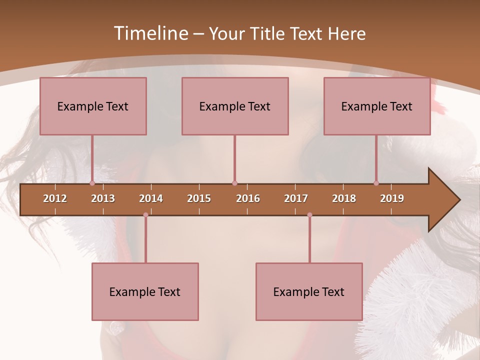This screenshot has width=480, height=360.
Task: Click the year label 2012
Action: click(55, 198)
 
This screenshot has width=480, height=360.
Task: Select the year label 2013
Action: click(103, 198)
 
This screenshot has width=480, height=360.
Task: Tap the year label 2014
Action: click(151, 198)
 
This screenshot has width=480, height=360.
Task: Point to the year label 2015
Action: click(199, 198)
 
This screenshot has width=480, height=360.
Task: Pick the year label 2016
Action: click(248, 198)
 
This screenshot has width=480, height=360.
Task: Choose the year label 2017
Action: click(296, 198)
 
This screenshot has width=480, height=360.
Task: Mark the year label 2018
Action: click(344, 198)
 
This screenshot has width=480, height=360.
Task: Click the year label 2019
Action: click(392, 198)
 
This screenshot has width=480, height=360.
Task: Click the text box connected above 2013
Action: click(93, 106)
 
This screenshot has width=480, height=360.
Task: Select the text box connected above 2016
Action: click(235, 106)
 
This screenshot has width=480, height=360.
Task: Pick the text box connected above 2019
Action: click(377, 106)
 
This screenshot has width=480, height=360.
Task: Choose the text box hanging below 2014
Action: click(145, 291)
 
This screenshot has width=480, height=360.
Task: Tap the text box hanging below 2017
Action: click(309, 291)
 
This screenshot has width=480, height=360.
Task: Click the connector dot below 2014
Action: click(145, 215)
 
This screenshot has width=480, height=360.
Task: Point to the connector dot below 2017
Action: click(309, 215)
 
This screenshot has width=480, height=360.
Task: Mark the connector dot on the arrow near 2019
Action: click(376, 183)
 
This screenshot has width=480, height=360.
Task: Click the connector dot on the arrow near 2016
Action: click(234, 183)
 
